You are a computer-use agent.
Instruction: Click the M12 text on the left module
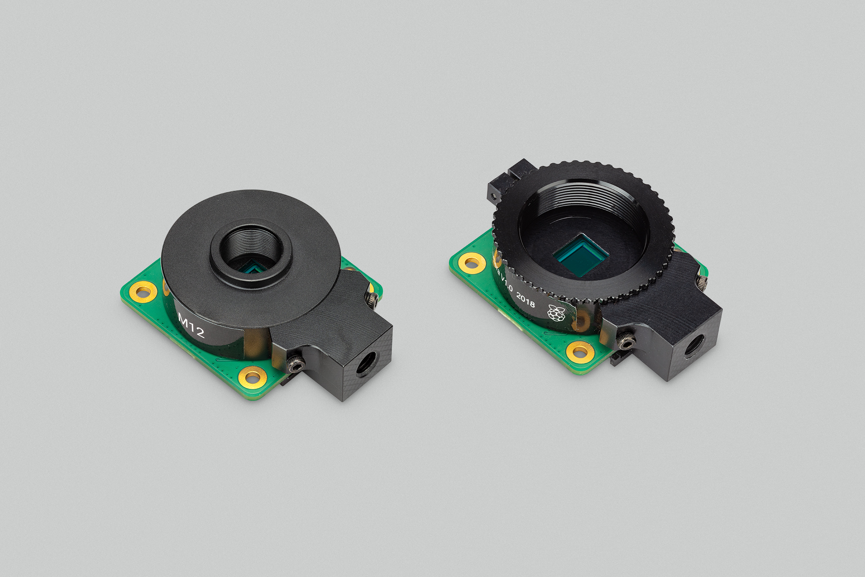tap(191, 326)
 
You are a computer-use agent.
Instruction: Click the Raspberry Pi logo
tap(556, 313)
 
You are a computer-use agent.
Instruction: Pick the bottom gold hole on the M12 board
tap(253, 376)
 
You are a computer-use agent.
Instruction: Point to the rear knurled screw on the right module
tap(701, 281)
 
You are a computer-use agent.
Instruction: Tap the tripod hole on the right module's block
tap(694, 345)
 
